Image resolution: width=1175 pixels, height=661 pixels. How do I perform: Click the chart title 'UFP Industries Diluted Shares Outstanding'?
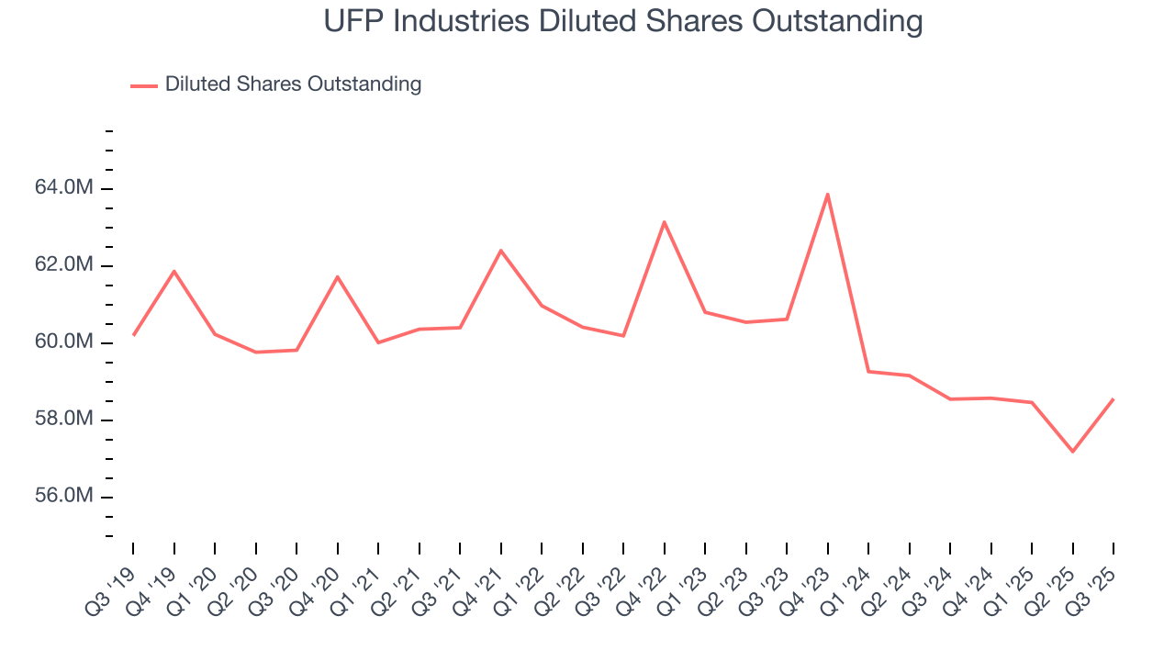coord(623,21)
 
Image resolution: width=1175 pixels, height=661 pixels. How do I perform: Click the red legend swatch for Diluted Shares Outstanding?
coord(144,85)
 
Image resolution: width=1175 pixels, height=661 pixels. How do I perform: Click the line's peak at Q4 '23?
coord(828,194)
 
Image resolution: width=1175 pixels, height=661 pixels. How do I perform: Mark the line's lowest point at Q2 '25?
coord(1072,452)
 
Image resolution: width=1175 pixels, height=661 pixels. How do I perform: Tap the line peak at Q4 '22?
coord(664,221)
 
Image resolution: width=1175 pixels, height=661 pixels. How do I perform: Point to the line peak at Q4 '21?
coord(501,250)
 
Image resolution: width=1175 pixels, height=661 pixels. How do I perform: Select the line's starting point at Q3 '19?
coord(134,335)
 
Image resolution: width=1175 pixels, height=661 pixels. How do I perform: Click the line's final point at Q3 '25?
coord(1113,398)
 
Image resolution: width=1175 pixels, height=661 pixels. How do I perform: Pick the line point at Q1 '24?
coord(868,371)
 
